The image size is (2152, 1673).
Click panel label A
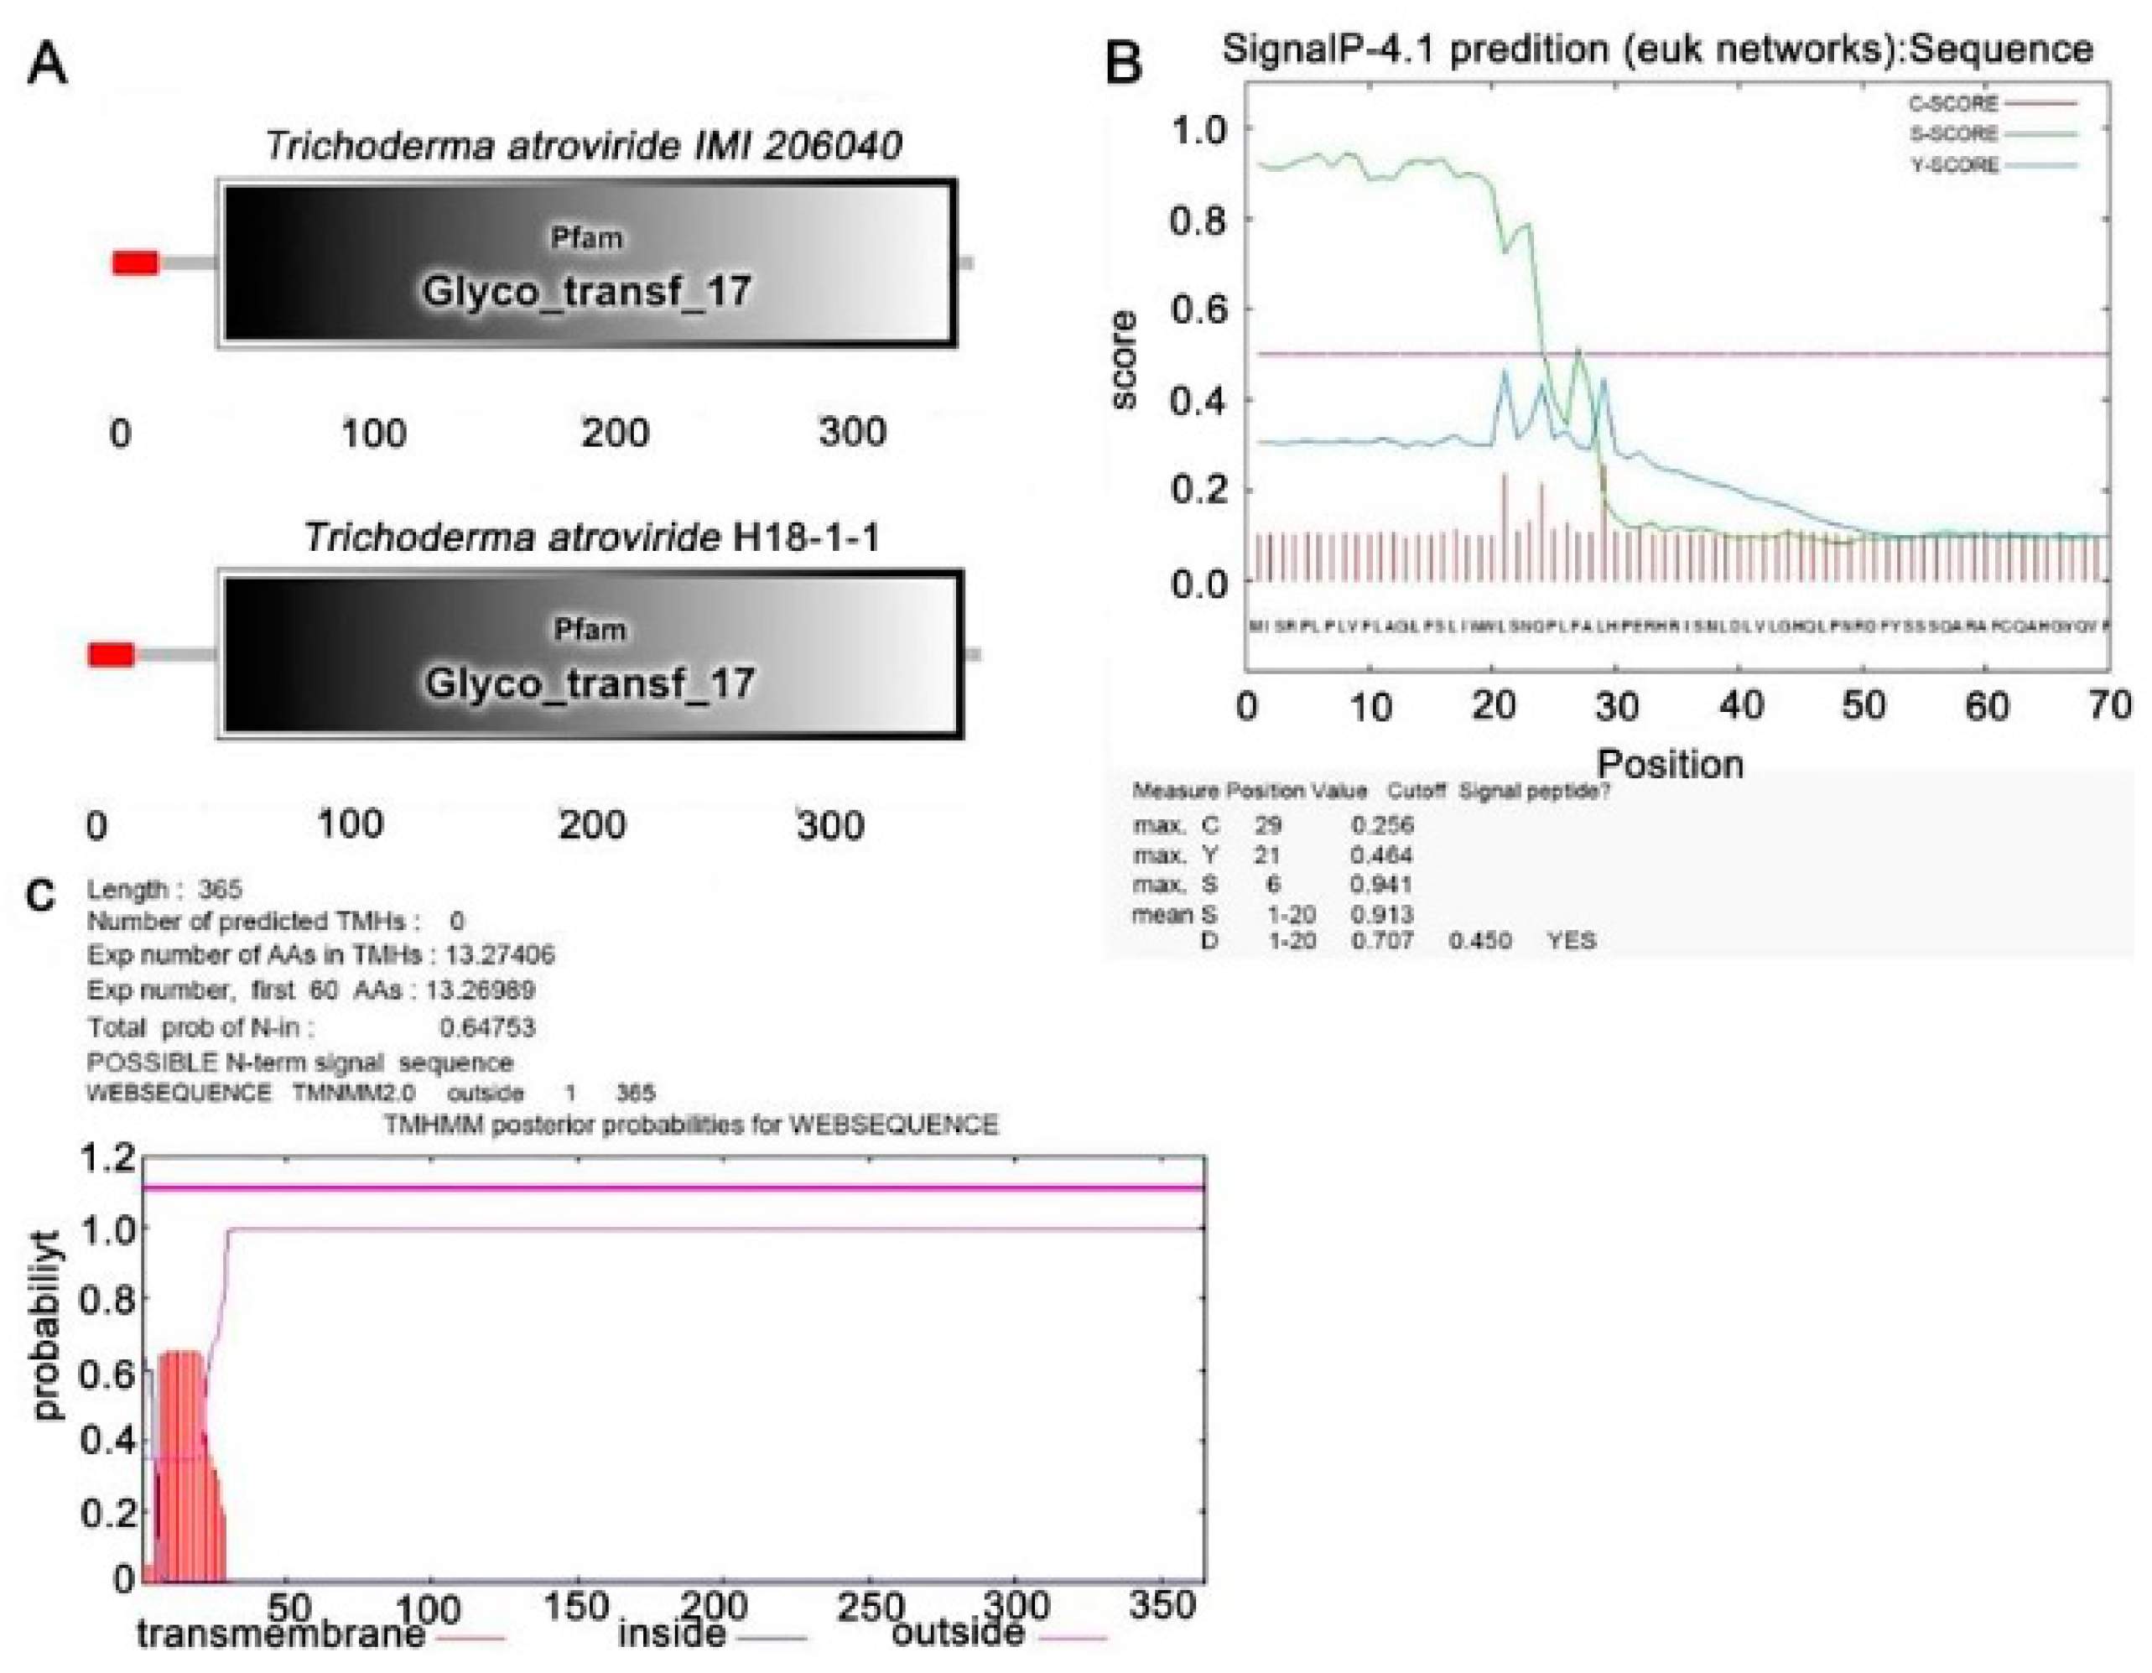click(46, 67)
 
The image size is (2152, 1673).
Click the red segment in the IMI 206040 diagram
click(135, 263)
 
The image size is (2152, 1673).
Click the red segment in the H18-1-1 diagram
click(111, 654)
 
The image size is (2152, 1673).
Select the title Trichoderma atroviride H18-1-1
click(591, 538)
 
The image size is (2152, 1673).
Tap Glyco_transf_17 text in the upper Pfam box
click(586, 292)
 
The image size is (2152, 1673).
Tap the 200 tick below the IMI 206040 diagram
click(615, 433)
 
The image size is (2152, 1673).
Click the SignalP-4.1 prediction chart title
click(1657, 49)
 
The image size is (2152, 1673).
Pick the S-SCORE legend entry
click(1953, 134)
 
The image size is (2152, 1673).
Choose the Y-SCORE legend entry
click(1955, 165)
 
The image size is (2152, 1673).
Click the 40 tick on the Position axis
click(1741, 705)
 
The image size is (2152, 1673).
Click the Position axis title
click(1669, 765)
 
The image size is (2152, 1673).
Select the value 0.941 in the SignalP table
click(1381, 885)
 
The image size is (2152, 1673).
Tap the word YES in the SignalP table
click(1572, 941)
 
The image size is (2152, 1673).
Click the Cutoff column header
click(1416, 791)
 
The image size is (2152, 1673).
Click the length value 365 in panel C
click(219, 890)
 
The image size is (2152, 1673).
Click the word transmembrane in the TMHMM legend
click(280, 1634)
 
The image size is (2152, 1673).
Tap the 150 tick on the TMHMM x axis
click(575, 1607)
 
